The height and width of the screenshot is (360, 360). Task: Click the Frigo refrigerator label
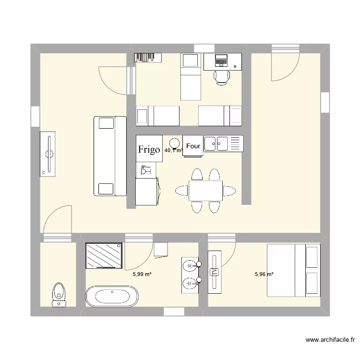(x=149, y=149)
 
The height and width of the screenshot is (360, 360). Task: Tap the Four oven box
(x=193, y=146)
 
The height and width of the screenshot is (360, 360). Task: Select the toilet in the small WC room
(x=59, y=293)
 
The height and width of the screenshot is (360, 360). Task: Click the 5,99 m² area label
(x=142, y=275)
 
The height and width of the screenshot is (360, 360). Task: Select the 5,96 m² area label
(x=264, y=275)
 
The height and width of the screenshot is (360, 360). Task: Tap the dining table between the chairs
(x=205, y=191)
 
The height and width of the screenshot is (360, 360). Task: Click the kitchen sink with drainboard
(x=224, y=144)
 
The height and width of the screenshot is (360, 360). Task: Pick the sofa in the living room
(x=110, y=156)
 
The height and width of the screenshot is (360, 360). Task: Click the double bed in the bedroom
(x=293, y=271)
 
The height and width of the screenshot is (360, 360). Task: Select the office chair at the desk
(x=222, y=76)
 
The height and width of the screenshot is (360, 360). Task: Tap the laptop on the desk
(x=221, y=60)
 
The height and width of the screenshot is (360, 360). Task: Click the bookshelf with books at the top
(x=146, y=57)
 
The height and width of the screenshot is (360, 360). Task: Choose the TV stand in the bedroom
(x=214, y=271)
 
